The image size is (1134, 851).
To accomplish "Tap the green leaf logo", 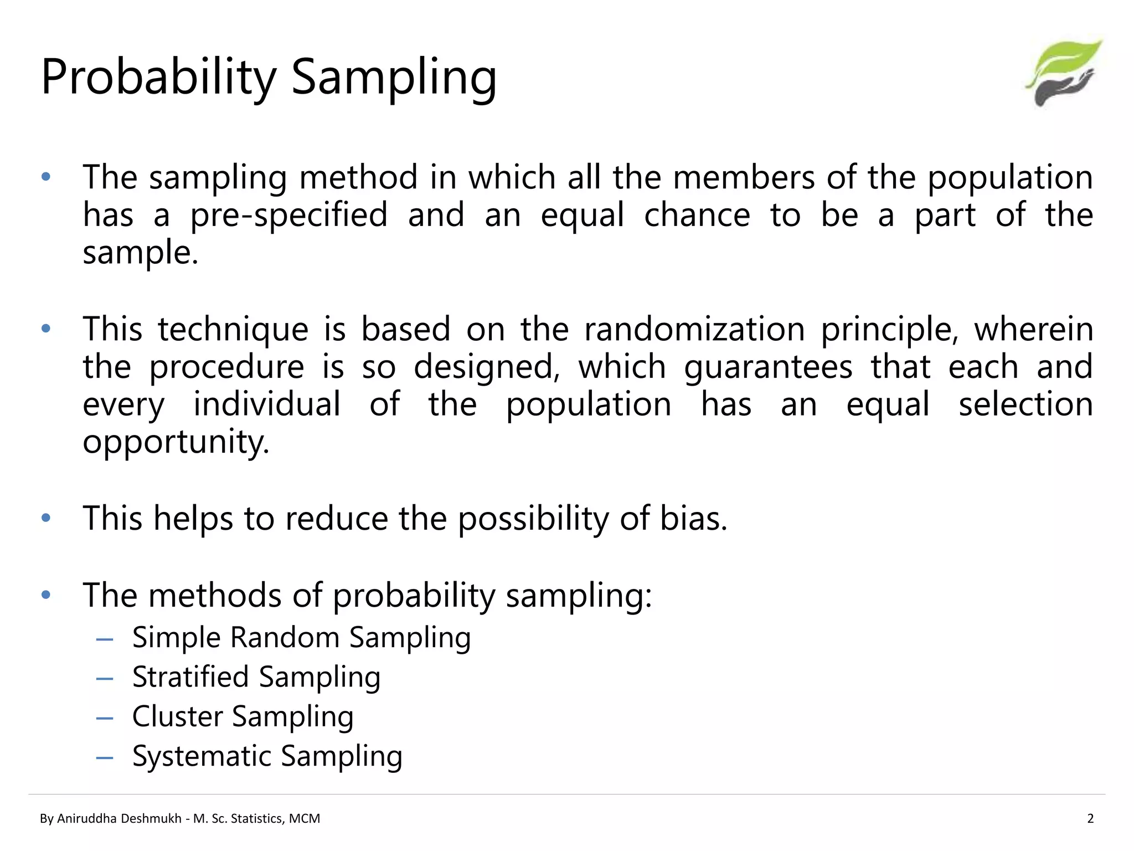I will point(1064,72).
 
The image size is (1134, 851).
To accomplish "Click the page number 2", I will point(1090,818).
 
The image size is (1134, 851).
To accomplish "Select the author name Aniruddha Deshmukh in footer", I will point(119,818).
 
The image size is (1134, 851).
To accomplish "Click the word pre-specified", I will point(288,216).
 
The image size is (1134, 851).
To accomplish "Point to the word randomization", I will point(694,329).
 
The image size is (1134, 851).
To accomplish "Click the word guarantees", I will point(768,367).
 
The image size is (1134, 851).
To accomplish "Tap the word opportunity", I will point(176,442).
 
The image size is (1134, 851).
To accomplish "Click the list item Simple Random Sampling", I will point(301,637).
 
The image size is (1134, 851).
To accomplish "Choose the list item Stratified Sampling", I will point(256,677).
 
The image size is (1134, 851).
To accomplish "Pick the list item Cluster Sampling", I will point(243,716).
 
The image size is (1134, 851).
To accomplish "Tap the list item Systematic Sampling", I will point(267,756).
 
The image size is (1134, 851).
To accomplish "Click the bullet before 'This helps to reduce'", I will point(46,518).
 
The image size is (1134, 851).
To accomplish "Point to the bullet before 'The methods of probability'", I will point(46,595).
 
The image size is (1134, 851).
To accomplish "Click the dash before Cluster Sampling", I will point(105,718).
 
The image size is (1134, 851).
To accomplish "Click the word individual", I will point(266,404).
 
